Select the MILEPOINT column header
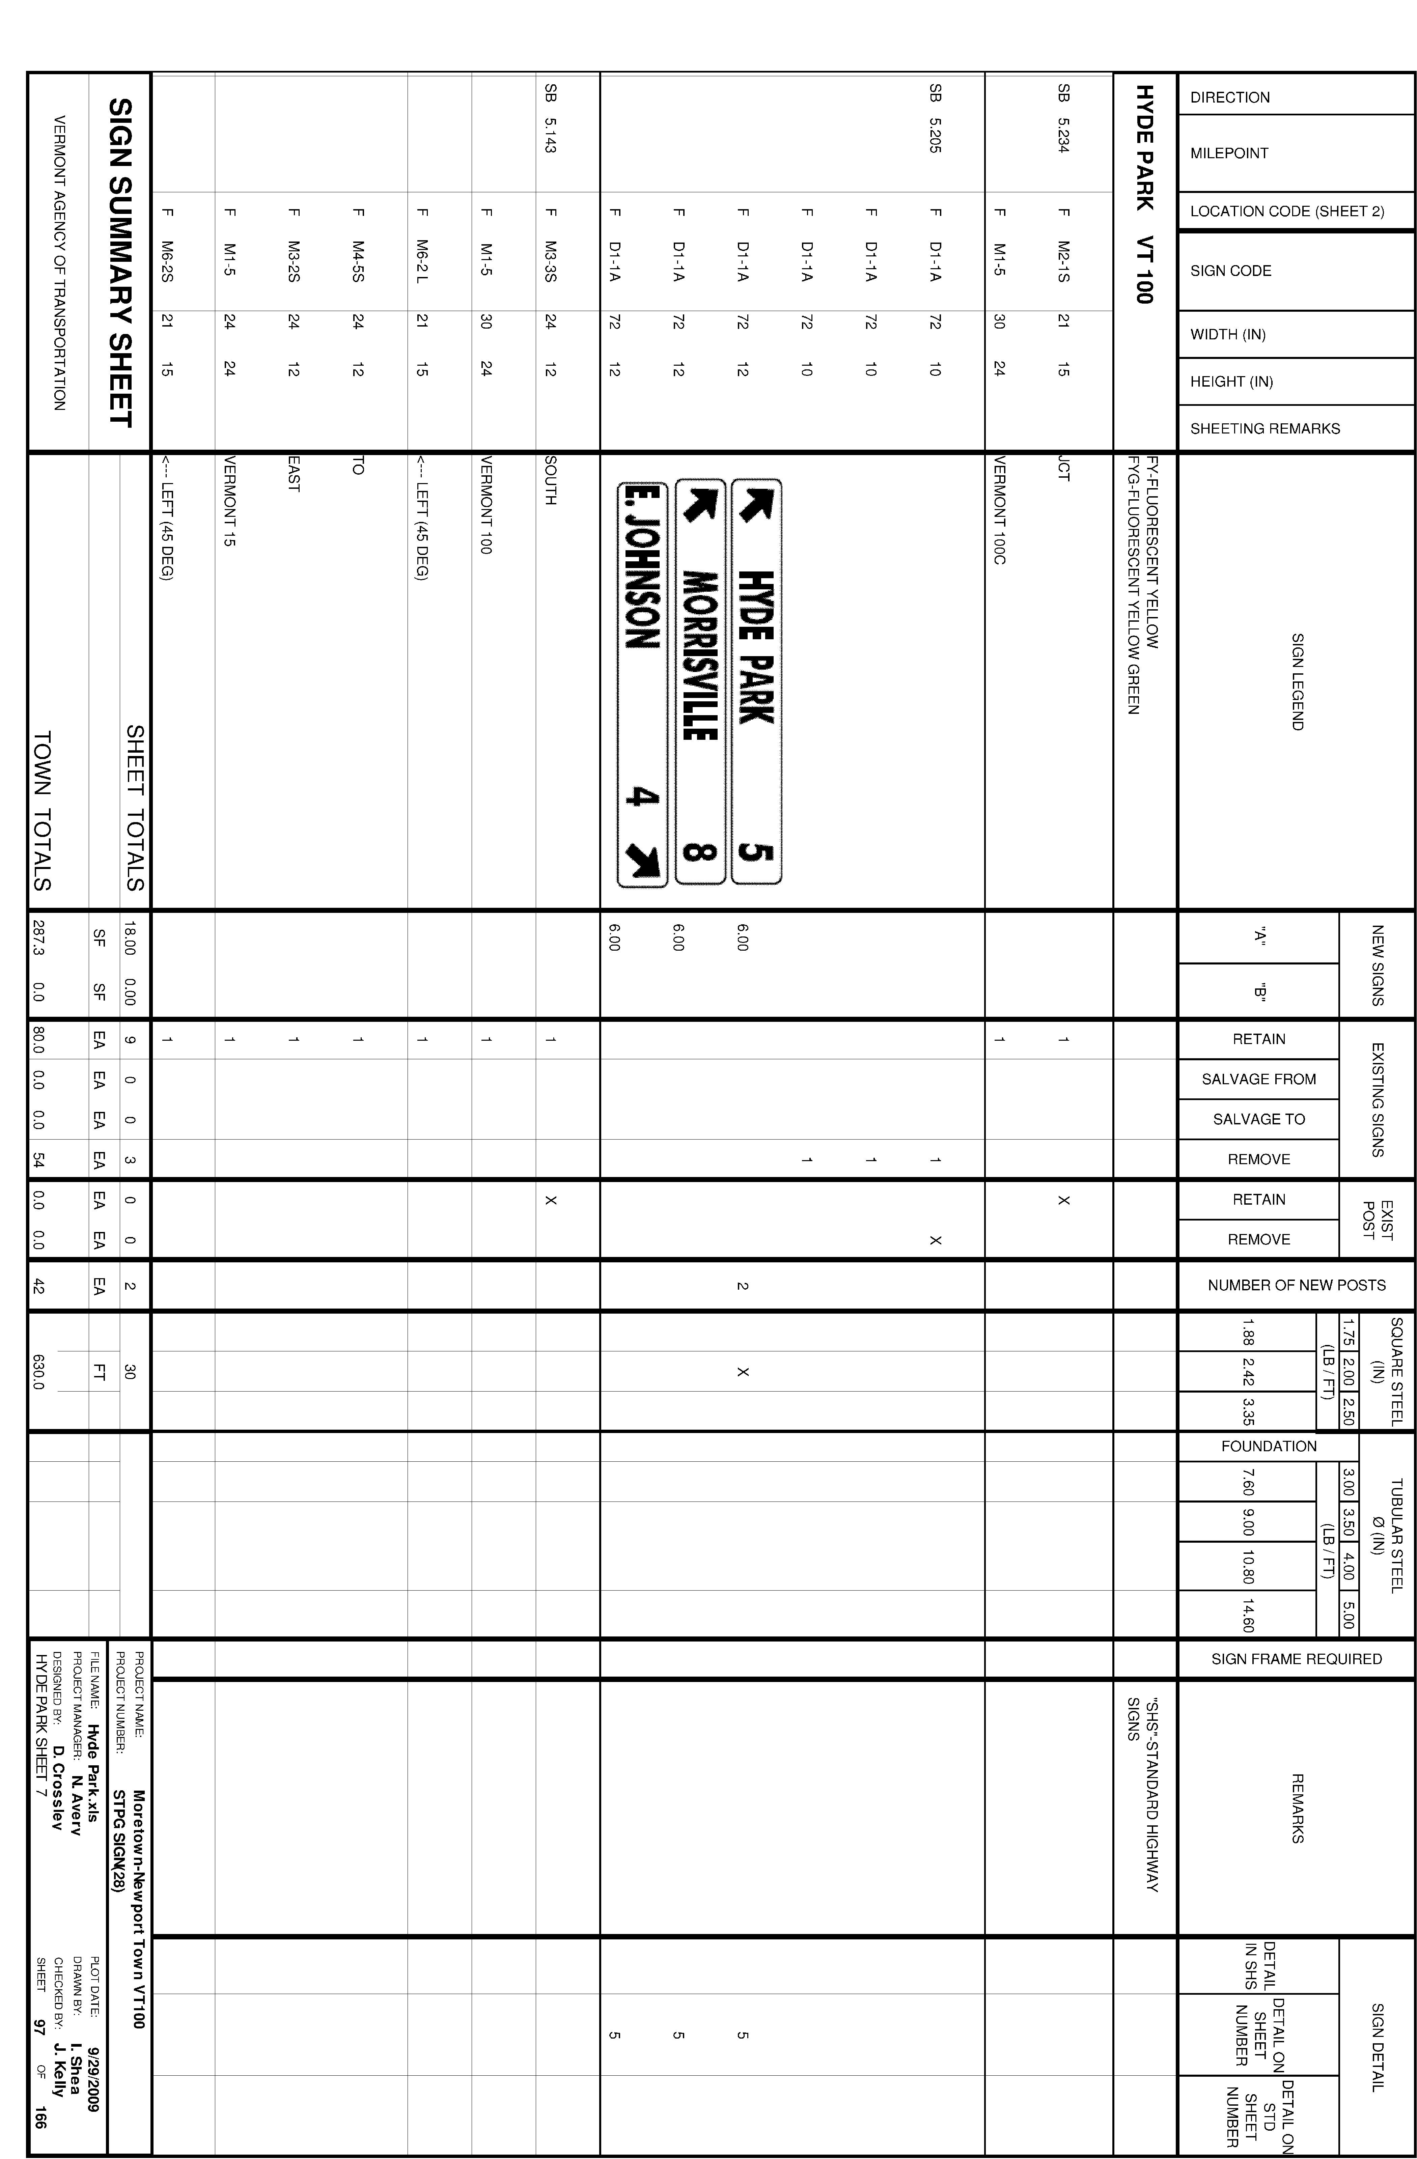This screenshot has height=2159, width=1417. coord(1229,153)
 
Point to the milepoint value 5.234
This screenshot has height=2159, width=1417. coord(1063,132)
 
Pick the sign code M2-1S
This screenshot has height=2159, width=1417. coord(1063,261)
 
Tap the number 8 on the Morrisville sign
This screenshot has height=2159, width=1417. coord(699,853)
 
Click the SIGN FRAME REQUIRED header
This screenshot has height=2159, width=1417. coord(1296,1659)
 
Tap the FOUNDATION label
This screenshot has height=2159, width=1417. coord(1268,1446)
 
